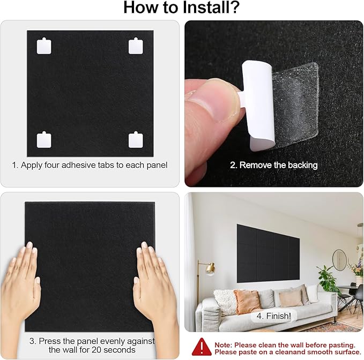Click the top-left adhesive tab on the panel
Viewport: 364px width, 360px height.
(x=44, y=46)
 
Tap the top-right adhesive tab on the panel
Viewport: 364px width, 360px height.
(x=136, y=46)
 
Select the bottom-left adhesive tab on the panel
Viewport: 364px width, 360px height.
(x=44, y=140)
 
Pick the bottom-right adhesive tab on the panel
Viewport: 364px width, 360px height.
(x=136, y=140)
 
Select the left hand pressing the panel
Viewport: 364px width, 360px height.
(x=23, y=284)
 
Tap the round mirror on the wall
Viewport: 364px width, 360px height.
(x=339, y=260)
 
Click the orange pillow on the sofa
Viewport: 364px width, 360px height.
(x=248, y=301)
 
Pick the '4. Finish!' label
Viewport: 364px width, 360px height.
(x=273, y=317)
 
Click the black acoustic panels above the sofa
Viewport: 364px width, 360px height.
(x=268, y=253)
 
